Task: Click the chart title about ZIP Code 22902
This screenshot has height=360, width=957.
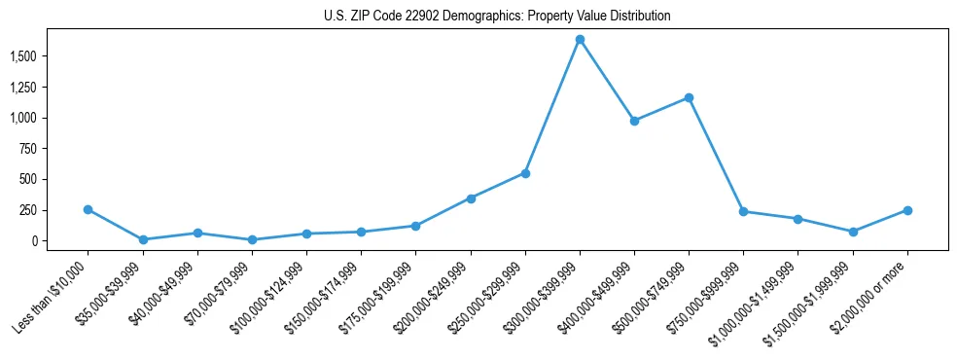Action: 497,17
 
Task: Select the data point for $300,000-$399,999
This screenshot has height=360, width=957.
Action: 580,40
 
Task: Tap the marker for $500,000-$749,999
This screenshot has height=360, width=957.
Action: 689,97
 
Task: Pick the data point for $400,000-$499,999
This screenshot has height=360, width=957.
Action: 634,121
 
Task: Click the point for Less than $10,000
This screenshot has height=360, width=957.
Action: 89,209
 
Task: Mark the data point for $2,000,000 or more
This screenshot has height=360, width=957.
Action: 907,210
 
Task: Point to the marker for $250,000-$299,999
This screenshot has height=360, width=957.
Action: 525,173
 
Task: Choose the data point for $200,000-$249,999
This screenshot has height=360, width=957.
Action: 471,198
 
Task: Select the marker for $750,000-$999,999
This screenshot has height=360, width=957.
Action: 743,211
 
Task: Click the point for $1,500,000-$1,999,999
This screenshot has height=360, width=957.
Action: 853,232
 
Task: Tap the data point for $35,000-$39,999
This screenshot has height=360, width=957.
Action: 143,239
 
